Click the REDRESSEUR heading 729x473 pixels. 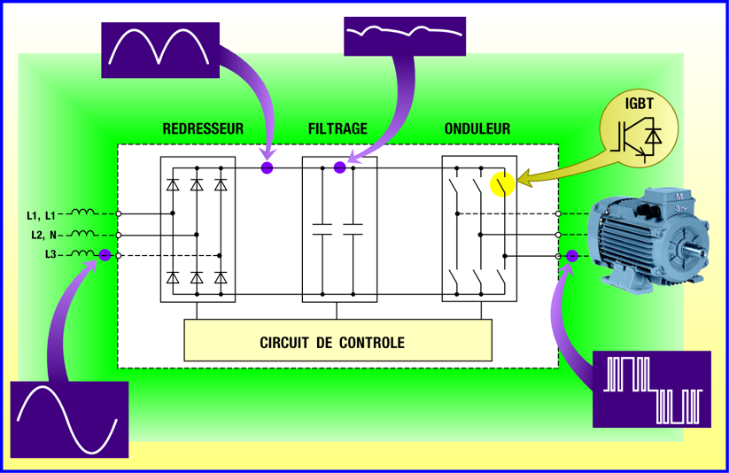pos(203,128)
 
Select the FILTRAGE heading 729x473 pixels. pos(337,128)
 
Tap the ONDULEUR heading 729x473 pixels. pos(477,128)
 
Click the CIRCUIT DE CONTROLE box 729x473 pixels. pos(337,342)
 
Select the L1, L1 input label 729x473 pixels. pos(41,214)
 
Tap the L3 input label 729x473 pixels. pos(52,255)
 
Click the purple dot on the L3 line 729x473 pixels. pos(105,255)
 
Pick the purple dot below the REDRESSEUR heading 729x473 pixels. pos(267,167)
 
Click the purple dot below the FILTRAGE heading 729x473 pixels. pos(339,167)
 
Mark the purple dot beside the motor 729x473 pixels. pos(572,256)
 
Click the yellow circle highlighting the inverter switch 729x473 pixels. pos(502,184)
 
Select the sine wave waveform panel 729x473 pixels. pos(69,420)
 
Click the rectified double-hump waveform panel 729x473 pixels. pos(159,47)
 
